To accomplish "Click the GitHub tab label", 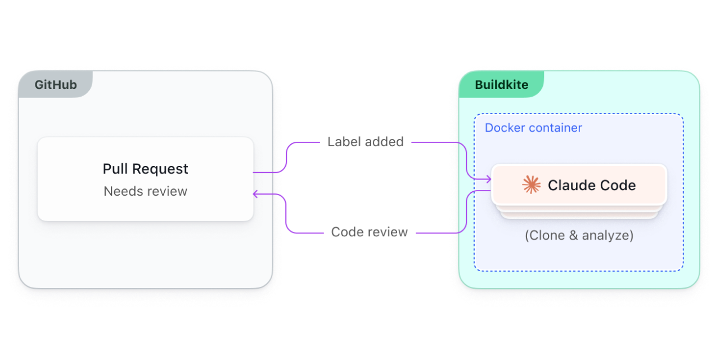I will pos(56,85).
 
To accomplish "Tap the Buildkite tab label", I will pos(501,85).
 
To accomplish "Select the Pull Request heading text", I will pos(145,169).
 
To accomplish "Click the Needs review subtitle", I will pos(145,191).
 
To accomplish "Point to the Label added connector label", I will pos(366,142).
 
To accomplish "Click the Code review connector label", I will pos(369,232).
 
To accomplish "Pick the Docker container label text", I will pos(533,128).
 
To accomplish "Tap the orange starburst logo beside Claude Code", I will pos(531,185).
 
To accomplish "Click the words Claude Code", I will pos(592,185).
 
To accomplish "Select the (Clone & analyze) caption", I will pos(579,235).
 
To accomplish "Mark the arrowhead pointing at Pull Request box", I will pos(256,194).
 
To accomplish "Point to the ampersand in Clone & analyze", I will pos(573,235).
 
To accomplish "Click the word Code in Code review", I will pos(345,232).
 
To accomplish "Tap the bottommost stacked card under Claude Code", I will pos(579,217).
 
